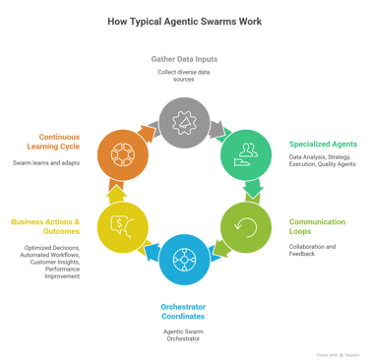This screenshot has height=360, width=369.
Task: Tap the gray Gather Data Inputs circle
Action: [184, 122]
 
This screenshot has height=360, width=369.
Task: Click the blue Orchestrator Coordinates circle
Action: [184, 260]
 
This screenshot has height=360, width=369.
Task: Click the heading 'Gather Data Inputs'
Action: [184, 59]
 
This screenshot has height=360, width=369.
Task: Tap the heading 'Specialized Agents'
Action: [323, 144]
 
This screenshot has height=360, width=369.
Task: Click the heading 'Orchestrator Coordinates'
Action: [184, 313]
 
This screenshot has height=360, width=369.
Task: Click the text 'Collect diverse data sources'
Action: [184, 75]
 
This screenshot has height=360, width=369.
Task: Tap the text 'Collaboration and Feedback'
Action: [312, 251]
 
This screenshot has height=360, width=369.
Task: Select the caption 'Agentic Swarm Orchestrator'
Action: [184, 335]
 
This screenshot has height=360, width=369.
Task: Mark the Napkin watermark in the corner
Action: [338, 354]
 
